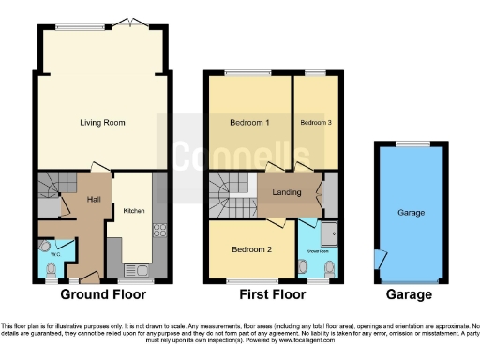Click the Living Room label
pos(102,123)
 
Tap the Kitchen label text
pos(134,211)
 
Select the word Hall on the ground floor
pos(94,200)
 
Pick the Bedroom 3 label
pos(316,123)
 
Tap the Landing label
pos(287,193)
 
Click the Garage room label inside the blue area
pos(410,213)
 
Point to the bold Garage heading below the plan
pos(409,294)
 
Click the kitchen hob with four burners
pos(158,230)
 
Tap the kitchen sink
pos(142,271)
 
